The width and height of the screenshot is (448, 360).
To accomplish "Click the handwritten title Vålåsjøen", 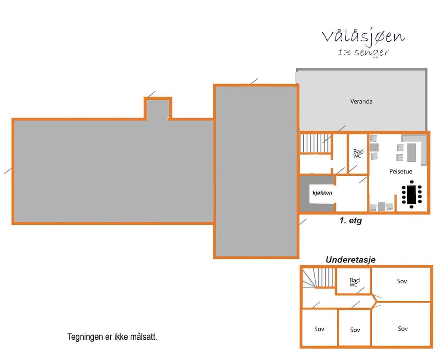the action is [x=363, y=37].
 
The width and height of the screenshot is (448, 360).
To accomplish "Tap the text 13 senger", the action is [x=363, y=52].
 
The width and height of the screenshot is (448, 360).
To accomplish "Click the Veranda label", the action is [x=361, y=101].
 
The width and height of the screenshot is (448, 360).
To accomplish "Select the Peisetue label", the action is [x=401, y=172].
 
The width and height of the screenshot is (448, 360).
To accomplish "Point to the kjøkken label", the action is [x=322, y=193].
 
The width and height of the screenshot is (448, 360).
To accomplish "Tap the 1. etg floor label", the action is [x=351, y=221].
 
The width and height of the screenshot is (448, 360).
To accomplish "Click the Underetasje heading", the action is [x=350, y=260].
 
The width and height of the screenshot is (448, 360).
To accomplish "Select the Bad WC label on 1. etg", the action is [x=358, y=153].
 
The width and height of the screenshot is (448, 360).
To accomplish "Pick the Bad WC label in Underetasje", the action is [x=354, y=282].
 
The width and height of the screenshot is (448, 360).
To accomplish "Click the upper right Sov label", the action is [x=402, y=282].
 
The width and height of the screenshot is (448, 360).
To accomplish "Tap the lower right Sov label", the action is [x=403, y=329].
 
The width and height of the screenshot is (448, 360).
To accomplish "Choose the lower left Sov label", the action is [x=319, y=329].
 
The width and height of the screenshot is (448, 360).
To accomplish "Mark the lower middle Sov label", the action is [x=355, y=330].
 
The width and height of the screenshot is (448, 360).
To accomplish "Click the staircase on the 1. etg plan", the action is [x=315, y=143].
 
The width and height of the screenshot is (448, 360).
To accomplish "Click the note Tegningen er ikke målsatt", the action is [x=112, y=337].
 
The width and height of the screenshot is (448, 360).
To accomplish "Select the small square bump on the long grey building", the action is [x=158, y=108].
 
